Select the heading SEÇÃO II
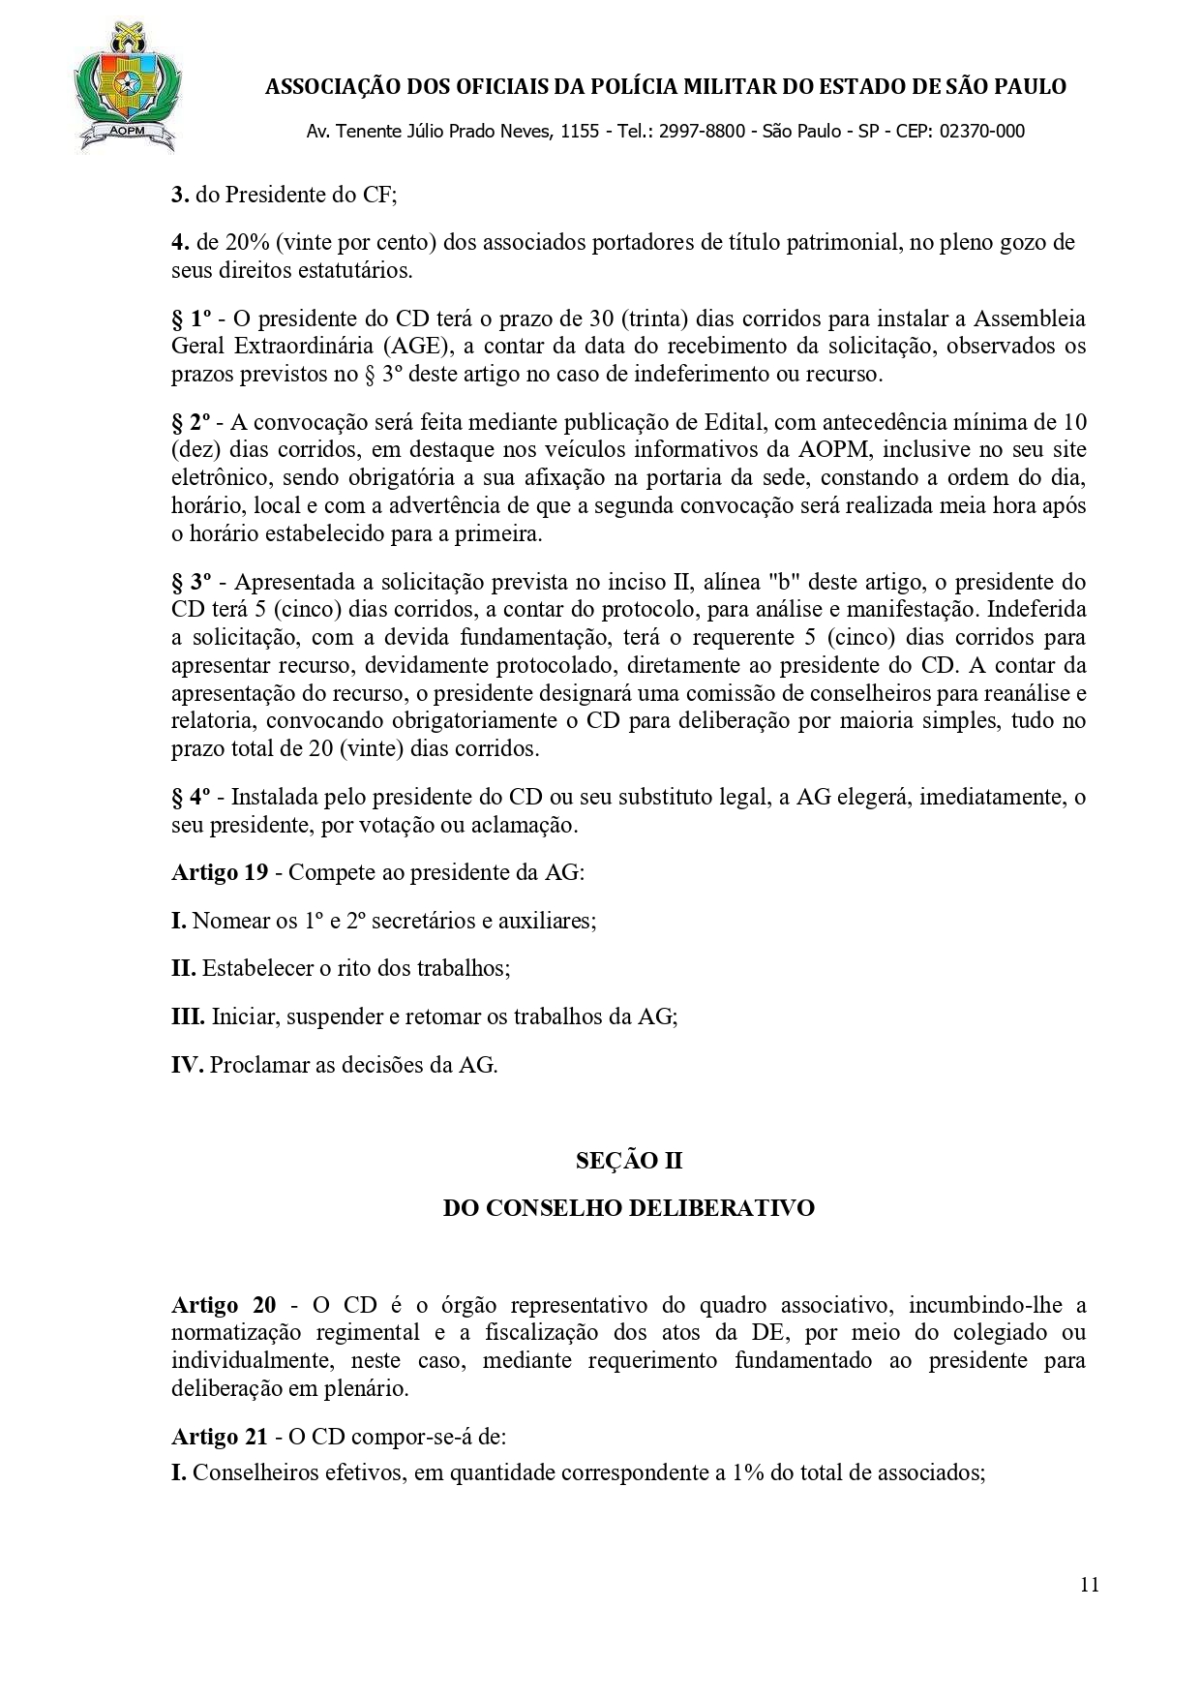[629, 1160]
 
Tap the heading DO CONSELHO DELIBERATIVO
[628, 1208]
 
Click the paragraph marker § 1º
[192, 319]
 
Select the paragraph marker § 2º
[192, 422]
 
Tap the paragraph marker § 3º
[192, 582]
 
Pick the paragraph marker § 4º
[192, 797]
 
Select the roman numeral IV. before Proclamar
[187, 1065]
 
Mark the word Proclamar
[255, 1065]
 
